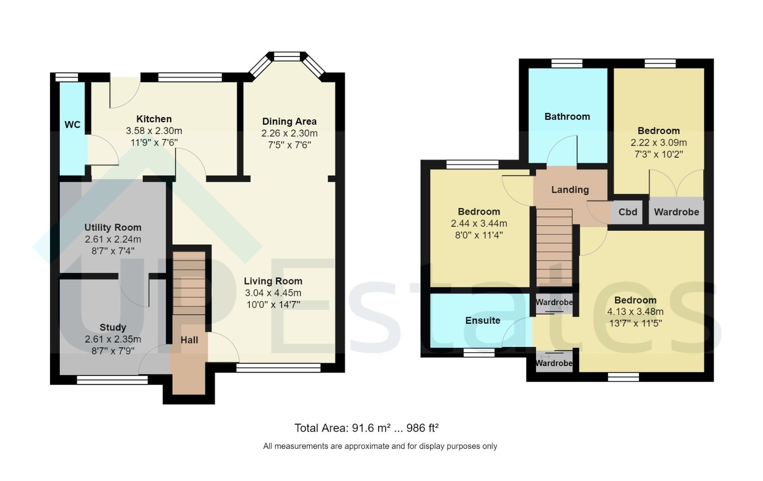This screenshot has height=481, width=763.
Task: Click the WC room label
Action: click(x=72, y=125)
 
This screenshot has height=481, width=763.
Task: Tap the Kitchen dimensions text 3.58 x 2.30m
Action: click(x=154, y=131)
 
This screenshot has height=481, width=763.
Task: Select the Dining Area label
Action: click(x=289, y=121)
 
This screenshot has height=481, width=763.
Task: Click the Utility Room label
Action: click(x=113, y=227)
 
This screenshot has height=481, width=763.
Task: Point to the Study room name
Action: click(x=113, y=327)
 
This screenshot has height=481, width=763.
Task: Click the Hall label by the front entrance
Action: click(x=189, y=340)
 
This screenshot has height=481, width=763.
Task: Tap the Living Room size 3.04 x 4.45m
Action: click(x=273, y=293)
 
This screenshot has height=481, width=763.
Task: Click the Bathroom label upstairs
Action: click(x=567, y=117)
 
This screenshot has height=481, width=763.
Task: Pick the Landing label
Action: click(x=570, y=190)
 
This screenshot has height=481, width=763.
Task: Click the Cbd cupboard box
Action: click(x=627, y=212)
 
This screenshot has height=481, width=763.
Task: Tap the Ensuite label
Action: click(x=483, y=320)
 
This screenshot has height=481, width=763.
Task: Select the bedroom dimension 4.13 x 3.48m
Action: click(x=635, y=312)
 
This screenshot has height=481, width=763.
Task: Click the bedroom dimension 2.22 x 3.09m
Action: click(x=658, y=143)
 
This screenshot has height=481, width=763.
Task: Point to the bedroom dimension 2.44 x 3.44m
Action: click(x=478, y=224)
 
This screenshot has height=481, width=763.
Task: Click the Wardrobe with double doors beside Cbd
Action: click(x=676, y=212)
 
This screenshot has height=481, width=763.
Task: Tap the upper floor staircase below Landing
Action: click(x=554, y=247)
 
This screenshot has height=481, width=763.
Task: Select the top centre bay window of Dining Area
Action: click(x=287, y=57)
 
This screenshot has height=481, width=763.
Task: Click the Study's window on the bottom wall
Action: click(x=112, y=380)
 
